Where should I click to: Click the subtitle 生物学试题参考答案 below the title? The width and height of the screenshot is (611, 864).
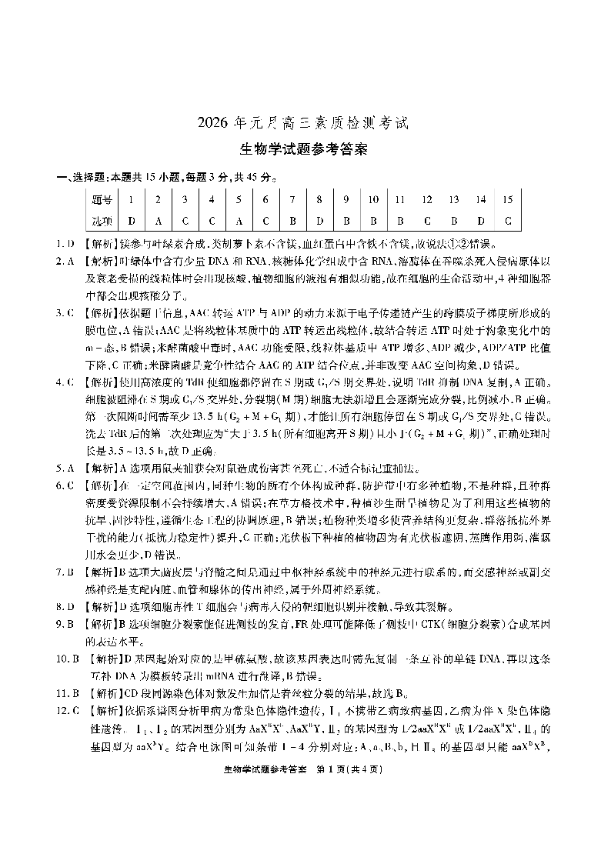(305, 149)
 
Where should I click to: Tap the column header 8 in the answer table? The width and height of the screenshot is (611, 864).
(319, 200)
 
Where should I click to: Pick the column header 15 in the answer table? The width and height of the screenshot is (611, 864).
(507, 200)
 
